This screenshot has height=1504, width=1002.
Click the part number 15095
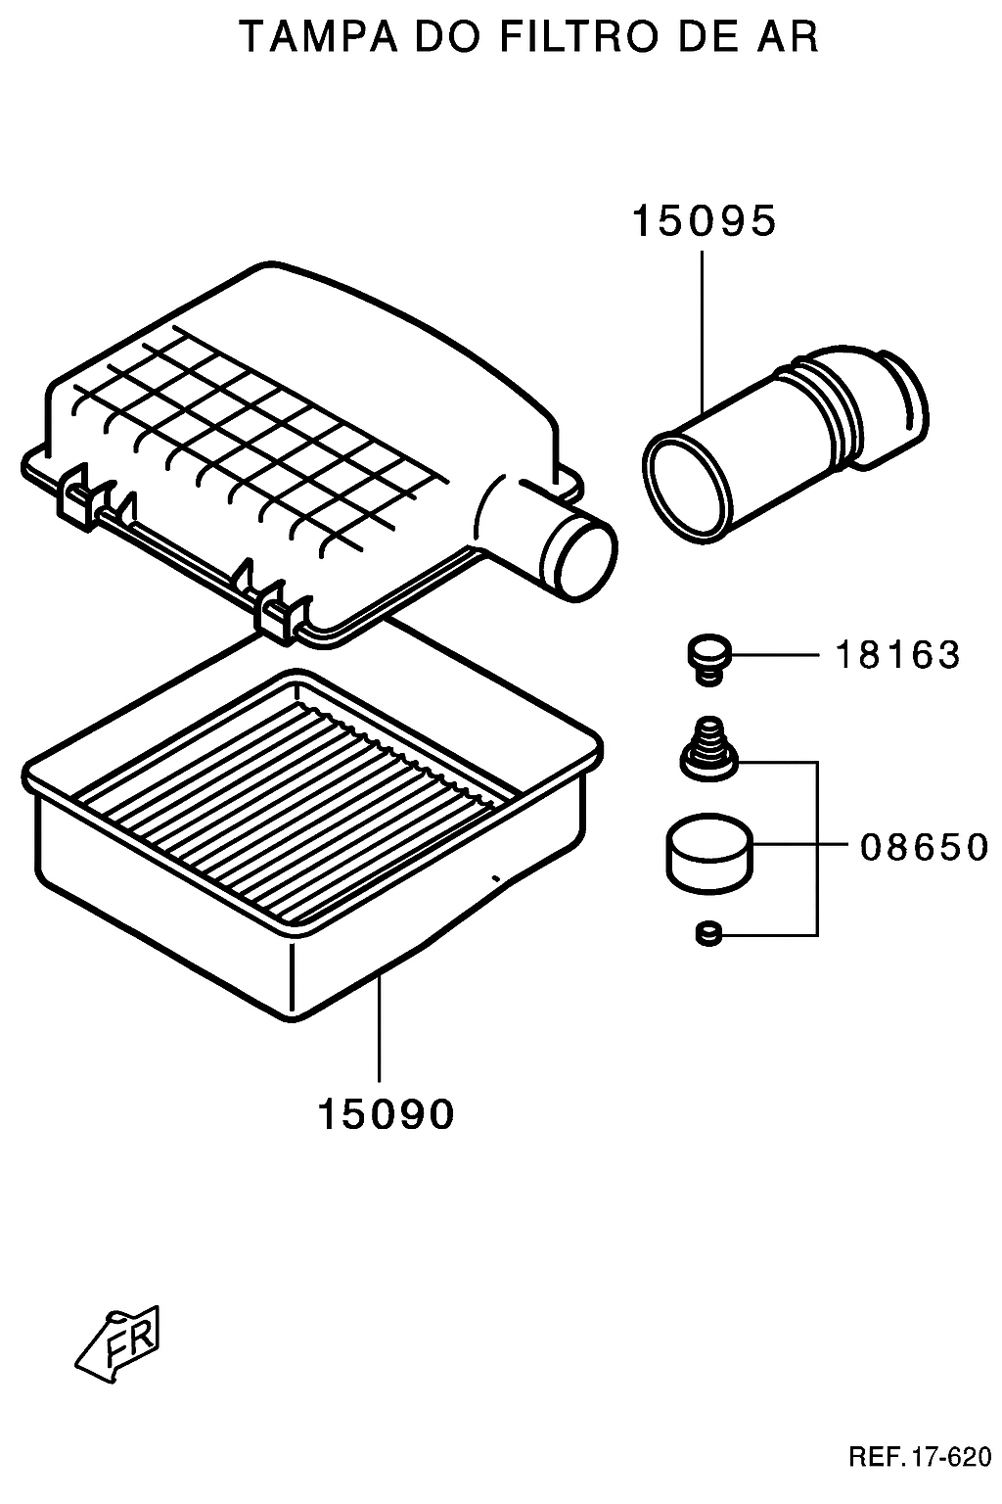pos(704,221)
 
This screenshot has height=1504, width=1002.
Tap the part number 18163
pos(897,655)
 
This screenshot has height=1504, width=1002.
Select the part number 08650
pos(924,847)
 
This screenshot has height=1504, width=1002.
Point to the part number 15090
pos(386,1114)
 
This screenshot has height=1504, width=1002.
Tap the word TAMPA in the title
pos(319,36)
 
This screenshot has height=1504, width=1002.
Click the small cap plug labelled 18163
pos(708,659)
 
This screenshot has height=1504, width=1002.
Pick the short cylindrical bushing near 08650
pos(709,854)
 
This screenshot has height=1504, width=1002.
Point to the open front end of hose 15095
pos(688,486)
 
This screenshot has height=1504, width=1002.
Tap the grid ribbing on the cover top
pos(261,444)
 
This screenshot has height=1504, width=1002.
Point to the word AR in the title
pos(788,36)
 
